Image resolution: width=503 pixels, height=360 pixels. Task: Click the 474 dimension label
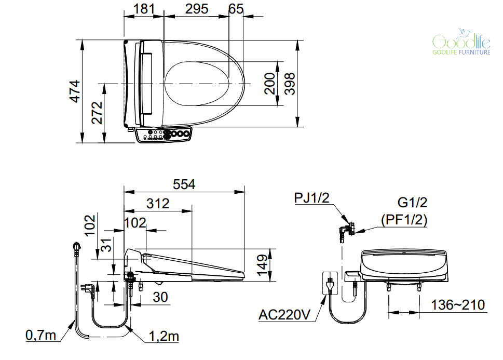pyautogui.click(x=75, y=91)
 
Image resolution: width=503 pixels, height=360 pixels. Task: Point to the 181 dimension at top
pyautogui.click(x=144, y=9)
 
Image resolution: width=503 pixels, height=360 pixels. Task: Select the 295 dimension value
pyautogui.click(x=197, y=9)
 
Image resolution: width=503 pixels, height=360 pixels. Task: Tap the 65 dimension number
pyautogui.click(x=236, y=9)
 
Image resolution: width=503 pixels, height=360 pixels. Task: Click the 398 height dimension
pyautogui.click(x=290, y=84)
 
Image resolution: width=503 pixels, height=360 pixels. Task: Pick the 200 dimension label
pyautogui.click(x=269, y=84)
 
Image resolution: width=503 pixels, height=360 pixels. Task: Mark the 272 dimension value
pyautogui.click(x=97, y=113)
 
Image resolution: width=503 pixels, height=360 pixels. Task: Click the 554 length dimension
pyautogui.click(x=184, y=184)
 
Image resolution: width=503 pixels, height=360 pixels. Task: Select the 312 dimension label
pyautogui.click(x=158, y=204)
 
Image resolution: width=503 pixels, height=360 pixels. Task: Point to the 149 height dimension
pyautogui.click(x=262, y=265)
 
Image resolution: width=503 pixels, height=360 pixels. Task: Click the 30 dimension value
pyautogui.click(x=160, y=297)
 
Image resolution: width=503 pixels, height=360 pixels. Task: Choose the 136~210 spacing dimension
pyautogui.click(x=457, y=305)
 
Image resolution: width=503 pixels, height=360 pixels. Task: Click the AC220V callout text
pyautogui.click(x=284, y=315)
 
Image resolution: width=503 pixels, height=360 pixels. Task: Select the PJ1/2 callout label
pyautogui.click(x=312, y=198)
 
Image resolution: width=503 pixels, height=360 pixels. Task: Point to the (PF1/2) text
pyautogui.click(x=404, y=220)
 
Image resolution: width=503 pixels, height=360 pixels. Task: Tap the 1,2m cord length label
pyautogui.click(x=164, y=336)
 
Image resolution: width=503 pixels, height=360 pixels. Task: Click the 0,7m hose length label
pyautogui.click(x=40, y=335)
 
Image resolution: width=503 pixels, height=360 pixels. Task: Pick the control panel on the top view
pyautogui.click(x=164, y=134)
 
